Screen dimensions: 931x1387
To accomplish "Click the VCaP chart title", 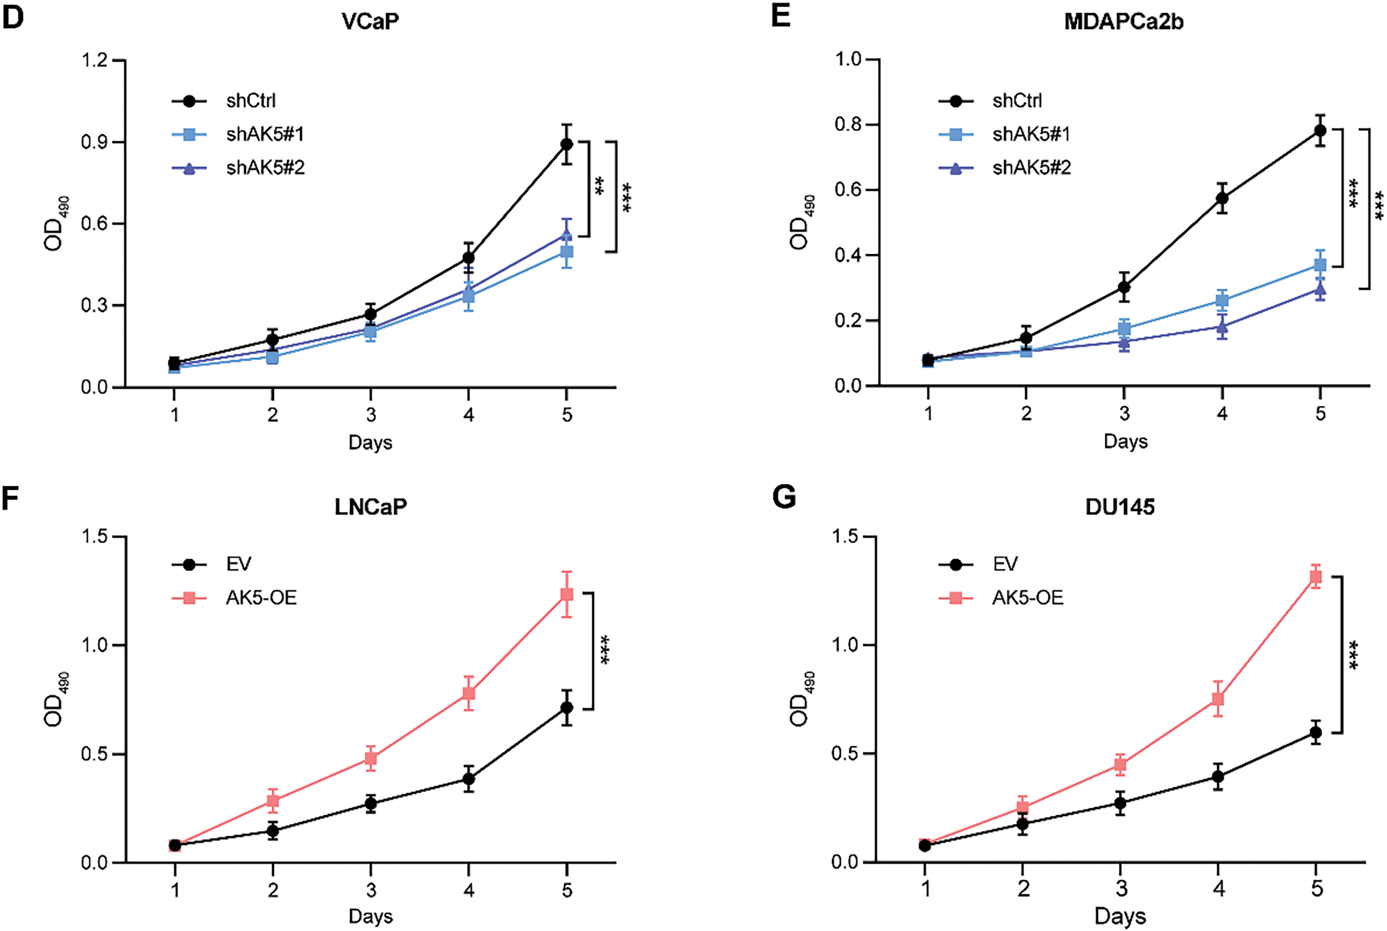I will [370, 21].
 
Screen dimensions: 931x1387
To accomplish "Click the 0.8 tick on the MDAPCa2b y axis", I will [848, 125].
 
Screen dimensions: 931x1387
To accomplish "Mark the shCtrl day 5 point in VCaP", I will [567, 144].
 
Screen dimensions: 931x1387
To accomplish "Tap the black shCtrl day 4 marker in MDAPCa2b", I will [1222, 198].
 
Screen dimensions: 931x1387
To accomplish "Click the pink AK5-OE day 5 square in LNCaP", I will [567, 594].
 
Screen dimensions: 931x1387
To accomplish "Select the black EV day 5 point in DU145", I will [1316, 733].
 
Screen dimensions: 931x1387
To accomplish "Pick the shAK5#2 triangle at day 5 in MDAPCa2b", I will [1320, 289].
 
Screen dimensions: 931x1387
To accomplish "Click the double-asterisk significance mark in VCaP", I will [599, 186].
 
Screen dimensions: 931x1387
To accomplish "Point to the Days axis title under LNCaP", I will [370, 916].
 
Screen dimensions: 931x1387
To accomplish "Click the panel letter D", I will [13, 18].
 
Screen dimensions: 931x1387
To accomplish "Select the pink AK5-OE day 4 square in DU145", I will [1218, 699].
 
